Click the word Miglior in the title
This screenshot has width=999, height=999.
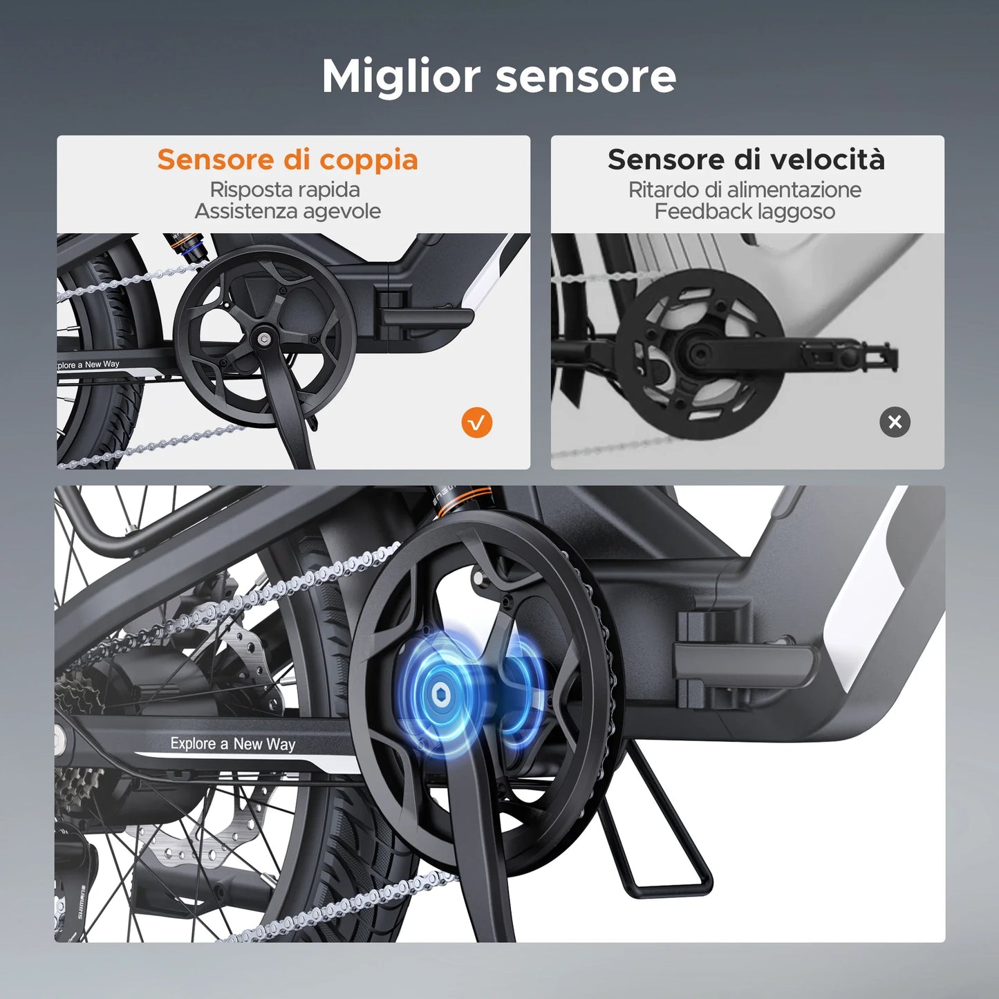(x=401, y=77)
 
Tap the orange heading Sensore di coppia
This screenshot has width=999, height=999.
(x=288, y=160)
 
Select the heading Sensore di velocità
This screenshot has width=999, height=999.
(x=747, y=159)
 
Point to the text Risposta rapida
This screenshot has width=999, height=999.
(x=285, y=189)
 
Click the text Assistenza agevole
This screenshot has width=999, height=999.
(x=288, y=212)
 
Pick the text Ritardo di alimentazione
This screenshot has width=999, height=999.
(x=745, y=189)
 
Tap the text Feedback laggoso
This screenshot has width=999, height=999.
(x=745, y=212)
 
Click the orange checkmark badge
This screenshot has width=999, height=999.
(x=477, y=422)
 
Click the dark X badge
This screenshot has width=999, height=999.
(x=895, y=422)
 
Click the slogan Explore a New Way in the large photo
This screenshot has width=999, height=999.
(x=233, y=744)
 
